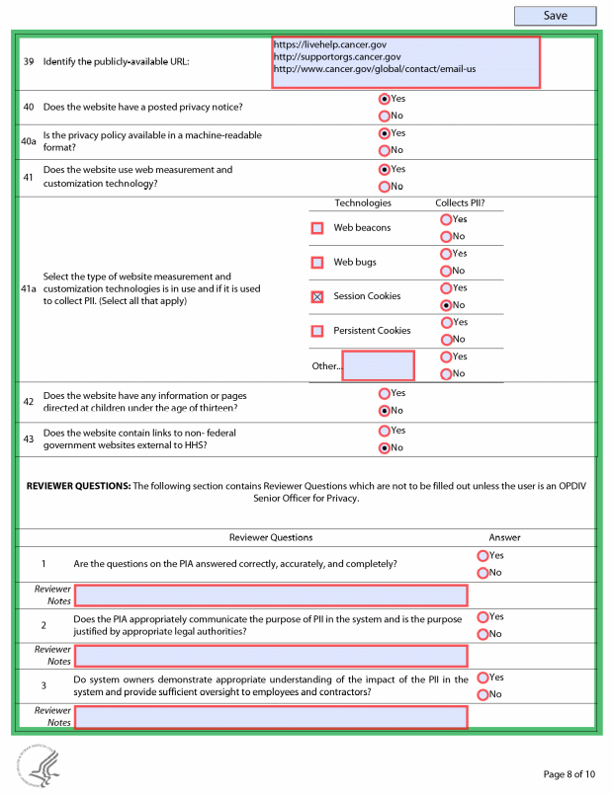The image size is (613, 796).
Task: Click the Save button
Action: click(x=555, y=16)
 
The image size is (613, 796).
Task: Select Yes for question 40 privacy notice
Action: click(x=385, y=99)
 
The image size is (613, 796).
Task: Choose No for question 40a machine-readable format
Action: click(x=385, y=150)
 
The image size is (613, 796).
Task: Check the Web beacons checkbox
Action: click(x=317, y=228)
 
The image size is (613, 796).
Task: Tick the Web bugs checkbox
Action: click(x=317, y=263)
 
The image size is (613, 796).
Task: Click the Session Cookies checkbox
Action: click(x=317, y=296)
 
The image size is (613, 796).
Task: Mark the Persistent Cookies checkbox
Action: click(x=317, y=331)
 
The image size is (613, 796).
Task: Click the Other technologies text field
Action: click(x=378, y=365)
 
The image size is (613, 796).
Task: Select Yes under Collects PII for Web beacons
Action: click(x=446, y=219)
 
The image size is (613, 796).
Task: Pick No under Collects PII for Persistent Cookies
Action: click(x=446, y=340)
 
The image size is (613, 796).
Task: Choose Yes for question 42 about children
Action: click(x=385, y=393)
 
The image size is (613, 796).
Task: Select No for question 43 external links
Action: click(x=385, y=447)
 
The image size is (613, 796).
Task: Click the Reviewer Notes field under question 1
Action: click(x=270, y=596)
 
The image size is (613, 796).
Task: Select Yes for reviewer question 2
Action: click(x=482, y=617)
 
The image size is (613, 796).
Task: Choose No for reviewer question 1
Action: click(x=482, y=573)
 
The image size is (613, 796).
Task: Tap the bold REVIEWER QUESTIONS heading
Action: click(x=78, y=486)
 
